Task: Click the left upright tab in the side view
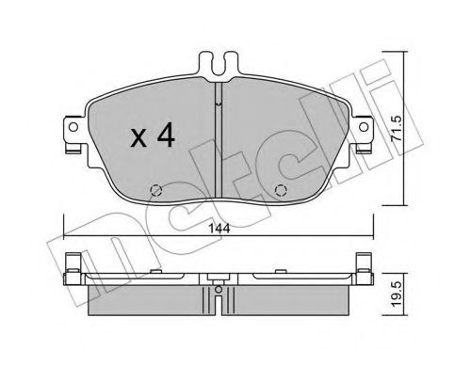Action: coord(72,268)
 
